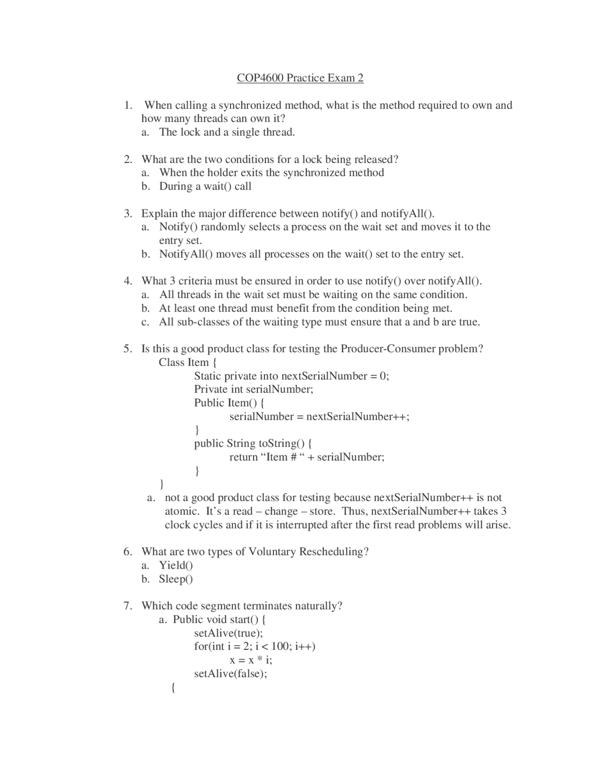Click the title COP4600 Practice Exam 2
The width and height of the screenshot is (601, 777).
click(300, 78)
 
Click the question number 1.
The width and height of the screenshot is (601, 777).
click(128, 105)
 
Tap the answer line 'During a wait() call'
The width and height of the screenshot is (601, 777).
click(205, 186)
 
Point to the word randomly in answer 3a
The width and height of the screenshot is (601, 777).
click(223, 227)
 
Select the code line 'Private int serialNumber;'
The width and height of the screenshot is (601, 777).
click(254, 389)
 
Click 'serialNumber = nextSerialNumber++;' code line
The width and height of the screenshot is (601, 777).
click(319, 417)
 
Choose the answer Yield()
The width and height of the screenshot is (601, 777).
click(176, 565)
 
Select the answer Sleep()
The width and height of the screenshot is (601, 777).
click(176, 579)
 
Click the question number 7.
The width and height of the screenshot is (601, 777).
click(128, 606)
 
